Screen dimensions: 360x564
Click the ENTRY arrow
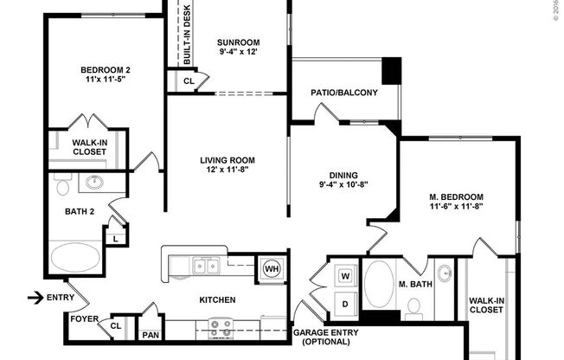point(35,299)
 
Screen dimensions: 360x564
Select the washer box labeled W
point(343,276)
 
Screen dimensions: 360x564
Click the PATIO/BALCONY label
point(344,93)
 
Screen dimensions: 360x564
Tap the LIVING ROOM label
point(228,159)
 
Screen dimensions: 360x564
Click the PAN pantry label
point(151,334)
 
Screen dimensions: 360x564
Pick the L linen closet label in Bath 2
point(114,236)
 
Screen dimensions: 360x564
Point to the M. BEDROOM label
point(455,197)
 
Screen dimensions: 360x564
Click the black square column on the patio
point(392,69)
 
